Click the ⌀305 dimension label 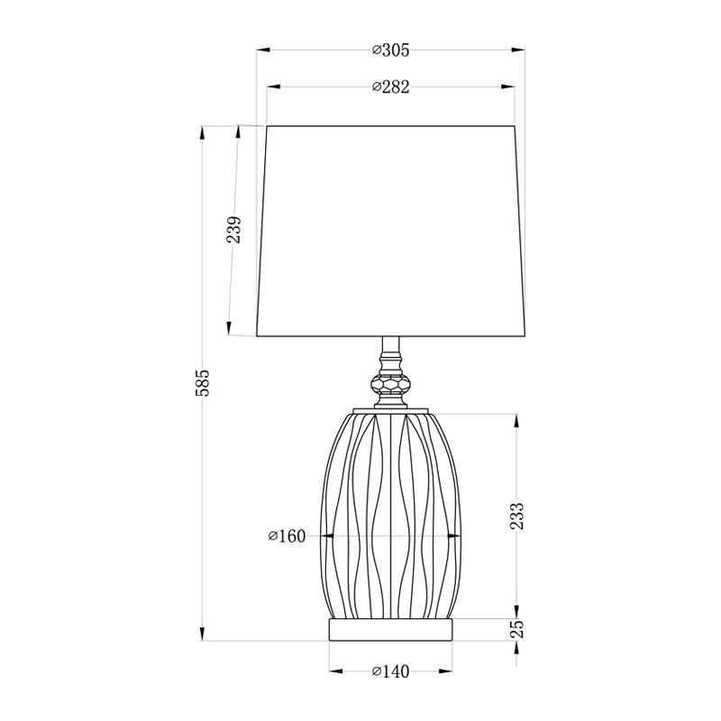[x=390, y=50]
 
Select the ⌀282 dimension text [x=390, y=87]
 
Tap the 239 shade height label [x=233, y=230]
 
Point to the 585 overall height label [x=202, y=382]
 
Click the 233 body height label [x=516, y=516]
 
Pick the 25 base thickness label [x=516, y=628]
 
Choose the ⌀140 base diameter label [x=390, y=671]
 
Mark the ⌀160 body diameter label [x=287, y=535]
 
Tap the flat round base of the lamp [x=390, y=629]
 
